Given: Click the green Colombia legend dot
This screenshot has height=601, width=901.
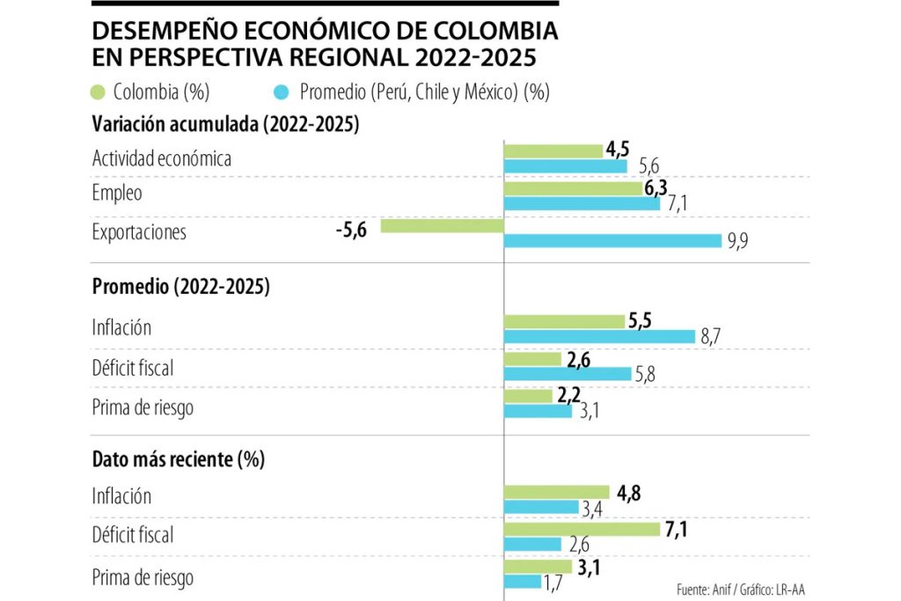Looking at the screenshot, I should coord(99,92).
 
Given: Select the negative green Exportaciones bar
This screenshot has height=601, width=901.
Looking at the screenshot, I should coord(442,226).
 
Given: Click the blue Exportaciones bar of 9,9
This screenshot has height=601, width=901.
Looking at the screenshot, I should coord(612,240).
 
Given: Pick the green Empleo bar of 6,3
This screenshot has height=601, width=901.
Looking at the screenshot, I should coord(573,188).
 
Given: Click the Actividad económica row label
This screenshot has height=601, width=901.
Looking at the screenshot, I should coord(162,158).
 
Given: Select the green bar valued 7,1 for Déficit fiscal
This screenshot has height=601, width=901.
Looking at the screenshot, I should coord(582,529).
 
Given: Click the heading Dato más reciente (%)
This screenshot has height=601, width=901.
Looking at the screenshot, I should coord(179,459).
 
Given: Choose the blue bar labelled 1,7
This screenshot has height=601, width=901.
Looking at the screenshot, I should coord(523,582).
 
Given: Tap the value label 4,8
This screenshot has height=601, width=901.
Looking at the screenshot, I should coord(628,493).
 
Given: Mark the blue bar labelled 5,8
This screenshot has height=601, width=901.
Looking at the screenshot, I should coord(567,373).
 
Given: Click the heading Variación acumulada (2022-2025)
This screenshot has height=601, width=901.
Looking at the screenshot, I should coord(226,125).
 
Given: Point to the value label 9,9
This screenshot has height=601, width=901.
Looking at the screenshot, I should coord(737,242).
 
